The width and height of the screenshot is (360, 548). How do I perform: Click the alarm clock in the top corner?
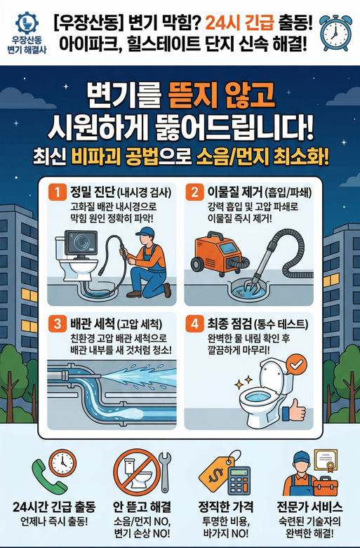pyautogui.click(x=335, y=29)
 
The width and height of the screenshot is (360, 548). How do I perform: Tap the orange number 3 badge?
pyautogui.click(x=54, y=325)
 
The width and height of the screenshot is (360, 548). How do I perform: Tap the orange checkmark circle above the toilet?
pyautogui.click(x=297, y=365)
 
